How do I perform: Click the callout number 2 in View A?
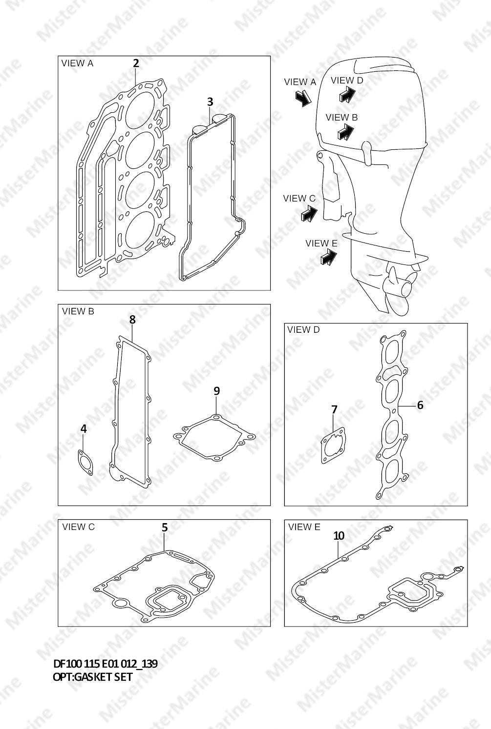point(136,63)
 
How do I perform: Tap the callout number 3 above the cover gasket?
point(210,102)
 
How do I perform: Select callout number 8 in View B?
point(132,320)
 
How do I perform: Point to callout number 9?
point(216,391)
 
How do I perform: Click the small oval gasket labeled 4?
point(85,463)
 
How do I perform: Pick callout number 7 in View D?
point(334,410)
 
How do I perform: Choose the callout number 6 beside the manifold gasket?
point(420,405)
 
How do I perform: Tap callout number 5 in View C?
point(165,527)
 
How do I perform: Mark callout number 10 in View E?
point(339,536)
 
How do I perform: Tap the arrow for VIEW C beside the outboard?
point(309,214)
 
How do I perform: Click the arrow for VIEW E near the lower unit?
point(329,257)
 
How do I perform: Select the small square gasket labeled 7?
point(333,445)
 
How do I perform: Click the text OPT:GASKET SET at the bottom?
point(93,677)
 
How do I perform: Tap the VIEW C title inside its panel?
point(78,527)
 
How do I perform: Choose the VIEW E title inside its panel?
point(304,526)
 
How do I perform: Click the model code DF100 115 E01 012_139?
point(105,664)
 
